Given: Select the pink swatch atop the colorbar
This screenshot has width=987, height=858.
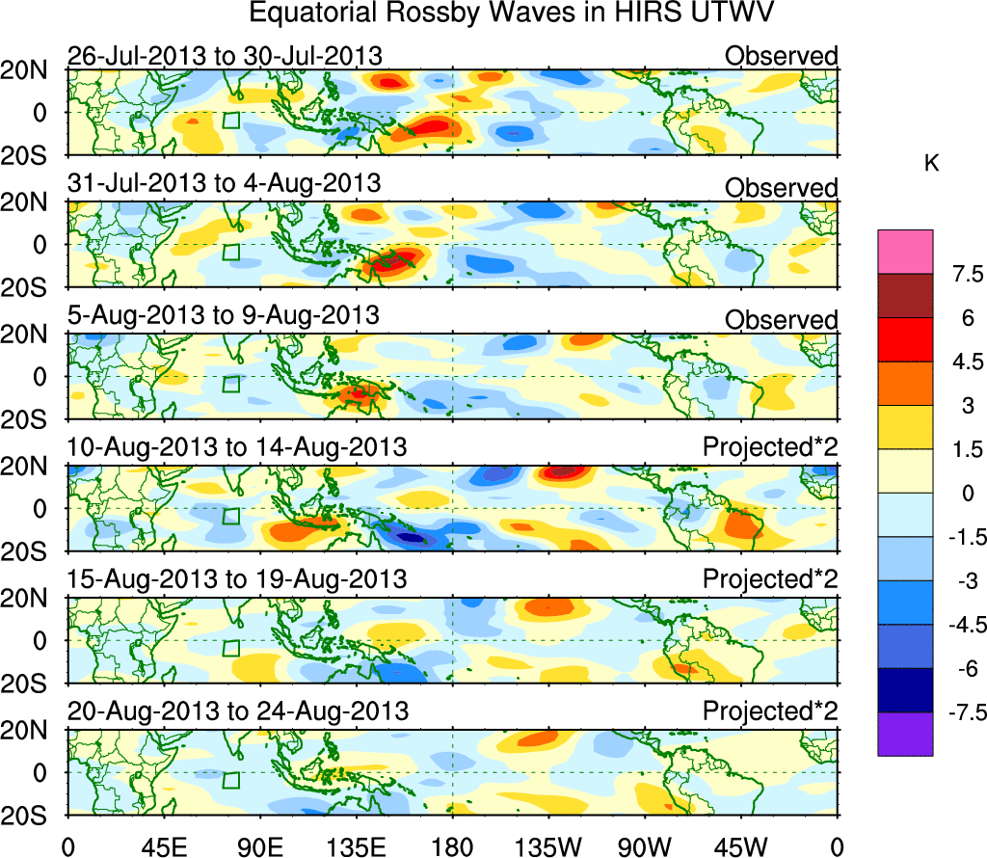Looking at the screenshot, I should pos(905,251).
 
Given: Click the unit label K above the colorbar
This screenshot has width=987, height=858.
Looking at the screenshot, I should pos(931,165).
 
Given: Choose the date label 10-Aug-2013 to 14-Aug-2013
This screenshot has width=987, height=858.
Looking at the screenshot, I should pos(237,447).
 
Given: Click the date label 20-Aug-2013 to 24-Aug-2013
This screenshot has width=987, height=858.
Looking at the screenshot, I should pos(238,711).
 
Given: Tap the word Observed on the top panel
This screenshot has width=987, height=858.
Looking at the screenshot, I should pos(781,56).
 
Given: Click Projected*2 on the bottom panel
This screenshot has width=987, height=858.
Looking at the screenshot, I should pos(770,711).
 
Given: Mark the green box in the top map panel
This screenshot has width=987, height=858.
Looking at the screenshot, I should pos(230,121).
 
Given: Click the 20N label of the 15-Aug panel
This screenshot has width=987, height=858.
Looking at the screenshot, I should pos(32,599).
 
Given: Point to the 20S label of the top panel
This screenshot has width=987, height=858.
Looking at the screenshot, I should pos(32,156).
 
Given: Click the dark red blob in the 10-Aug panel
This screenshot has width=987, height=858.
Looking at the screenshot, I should pos(563,472).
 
